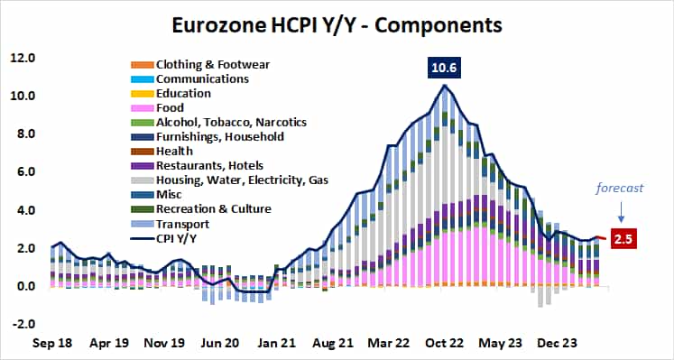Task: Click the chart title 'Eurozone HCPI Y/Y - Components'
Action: (x=337, y=24)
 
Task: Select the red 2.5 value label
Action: (x=622, y=239)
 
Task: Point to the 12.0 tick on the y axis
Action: (x=22, y=59)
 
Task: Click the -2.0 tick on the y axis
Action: (x=22, y=325)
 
